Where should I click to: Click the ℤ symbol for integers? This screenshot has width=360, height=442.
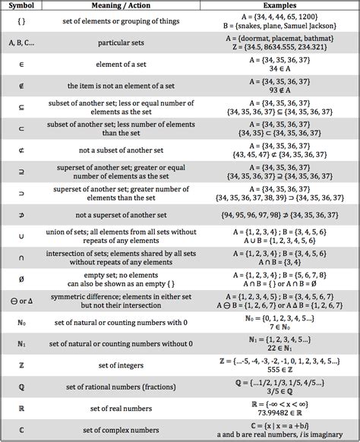click(21, 365)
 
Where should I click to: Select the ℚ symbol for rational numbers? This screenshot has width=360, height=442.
click(21, 387)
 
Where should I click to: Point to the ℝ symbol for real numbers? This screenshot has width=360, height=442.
click(21, 409)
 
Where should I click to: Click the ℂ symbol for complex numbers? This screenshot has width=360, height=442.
click(21, 430)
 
